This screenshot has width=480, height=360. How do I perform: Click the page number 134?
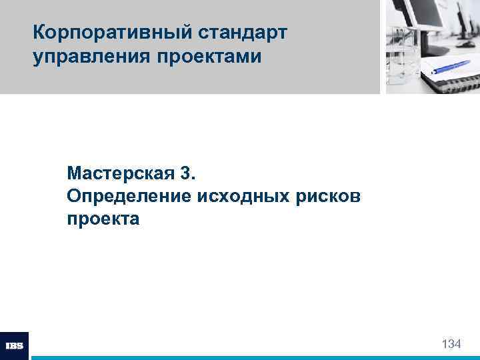click(x=451, y=344)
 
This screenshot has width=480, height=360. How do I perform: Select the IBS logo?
click(x=14, y=346)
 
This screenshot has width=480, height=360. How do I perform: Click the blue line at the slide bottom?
click(x=253, y=357)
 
